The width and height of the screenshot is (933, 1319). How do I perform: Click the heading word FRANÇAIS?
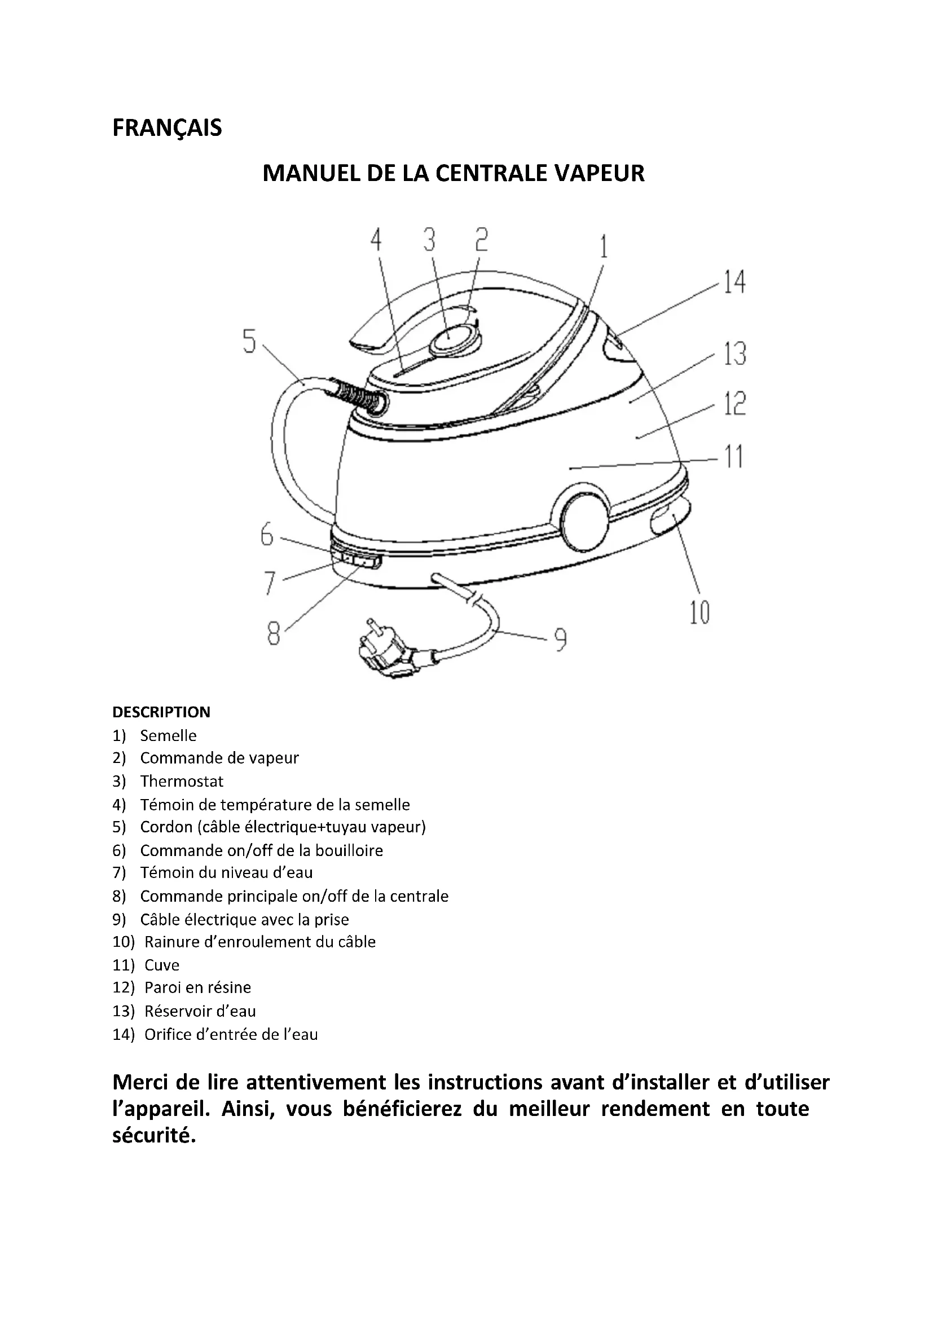pyautogui.click(x=166, y=128)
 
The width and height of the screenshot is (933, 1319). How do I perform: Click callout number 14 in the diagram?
pyautogui.click(x=734, y=283)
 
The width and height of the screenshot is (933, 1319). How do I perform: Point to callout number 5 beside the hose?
pyautogui.click(x=249, y=341)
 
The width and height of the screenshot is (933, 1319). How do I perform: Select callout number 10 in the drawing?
pyautogui.click(x=699, y=612)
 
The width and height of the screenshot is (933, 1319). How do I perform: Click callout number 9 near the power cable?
pyautogui.click(x=560, y=639)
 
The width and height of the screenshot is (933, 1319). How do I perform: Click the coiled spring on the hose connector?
pyautogui.click(x=359, y=396)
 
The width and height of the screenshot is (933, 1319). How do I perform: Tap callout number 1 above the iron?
pyautogui.click(x=603, y=248)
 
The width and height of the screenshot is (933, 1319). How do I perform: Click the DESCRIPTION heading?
pyautogui.click(x=161, y=712)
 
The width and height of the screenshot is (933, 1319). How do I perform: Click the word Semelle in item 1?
pyautogui.click(x=168, y=736)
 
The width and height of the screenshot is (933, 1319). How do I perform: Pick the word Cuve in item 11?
pyautogui.click(x=162, y=965)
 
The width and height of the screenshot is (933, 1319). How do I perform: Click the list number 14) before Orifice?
pyautogui.click(x=123, y=1035)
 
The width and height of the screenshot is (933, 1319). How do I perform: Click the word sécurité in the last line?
pyautogui.click(x=154, y=1135)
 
